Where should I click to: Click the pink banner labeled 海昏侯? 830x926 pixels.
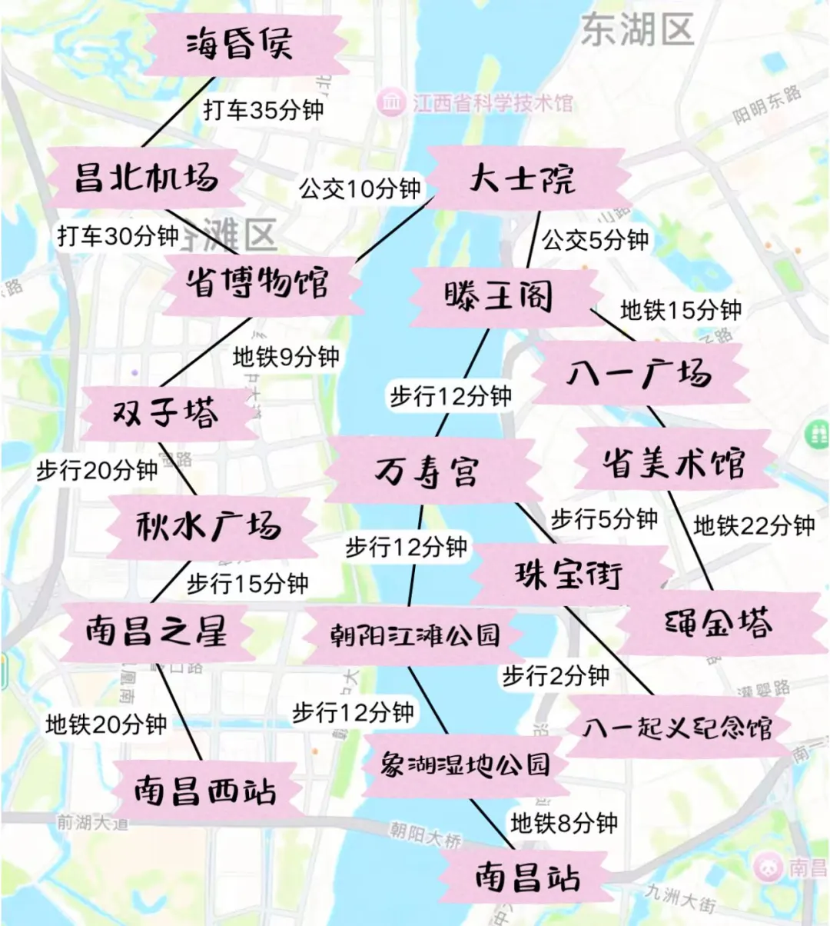click(x=240, y=44)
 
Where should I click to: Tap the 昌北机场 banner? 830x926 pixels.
click(x=146, y=178)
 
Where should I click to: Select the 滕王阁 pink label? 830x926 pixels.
click(x=499, y=296)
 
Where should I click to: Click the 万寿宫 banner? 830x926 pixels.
click(x=427, y=471)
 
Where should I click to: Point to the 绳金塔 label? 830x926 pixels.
click(x=719, y=624)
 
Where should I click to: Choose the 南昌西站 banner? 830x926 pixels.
click(x=204, y=790)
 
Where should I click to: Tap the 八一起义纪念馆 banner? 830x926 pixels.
click(x=677, y=727)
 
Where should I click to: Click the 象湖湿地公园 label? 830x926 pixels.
click(x=465, y=764)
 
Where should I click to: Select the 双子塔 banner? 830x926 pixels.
click(x=166, y=414)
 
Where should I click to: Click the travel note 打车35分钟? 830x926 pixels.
click(x=264, y=110)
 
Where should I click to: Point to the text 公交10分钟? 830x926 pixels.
click(x=360, y=188)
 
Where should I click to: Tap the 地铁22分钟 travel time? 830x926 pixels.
click(x=754, y=526)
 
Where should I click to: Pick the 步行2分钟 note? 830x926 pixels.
click(x=556, y=676)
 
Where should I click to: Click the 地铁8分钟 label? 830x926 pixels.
click(x=564, y=823)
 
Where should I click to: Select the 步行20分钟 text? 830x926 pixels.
click(x=97, y=470)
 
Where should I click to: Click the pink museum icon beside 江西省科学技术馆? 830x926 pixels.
click(x=391, y=101)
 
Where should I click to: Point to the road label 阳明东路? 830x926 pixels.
click(x=766, y=105)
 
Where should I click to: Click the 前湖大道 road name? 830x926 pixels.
click(x=93, y=822)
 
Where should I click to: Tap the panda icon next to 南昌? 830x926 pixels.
click(x=769, y=868)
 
